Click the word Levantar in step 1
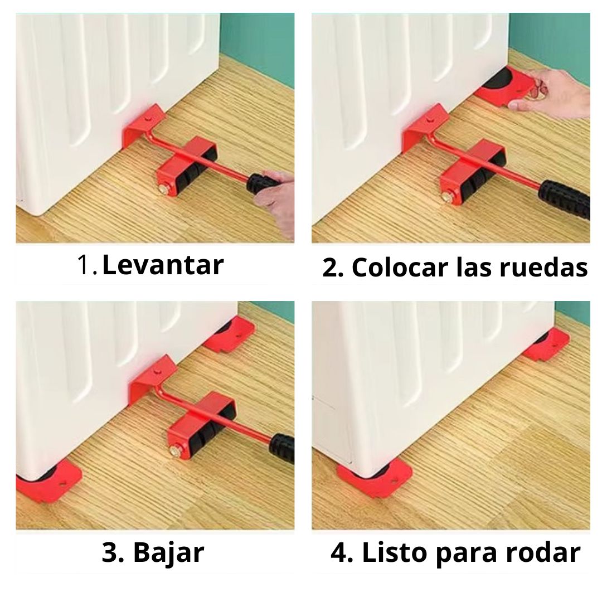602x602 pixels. [163, 265]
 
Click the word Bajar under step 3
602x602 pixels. [168, 554]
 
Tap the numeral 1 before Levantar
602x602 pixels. [85, 265]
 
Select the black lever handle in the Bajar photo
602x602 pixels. [281, 448]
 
